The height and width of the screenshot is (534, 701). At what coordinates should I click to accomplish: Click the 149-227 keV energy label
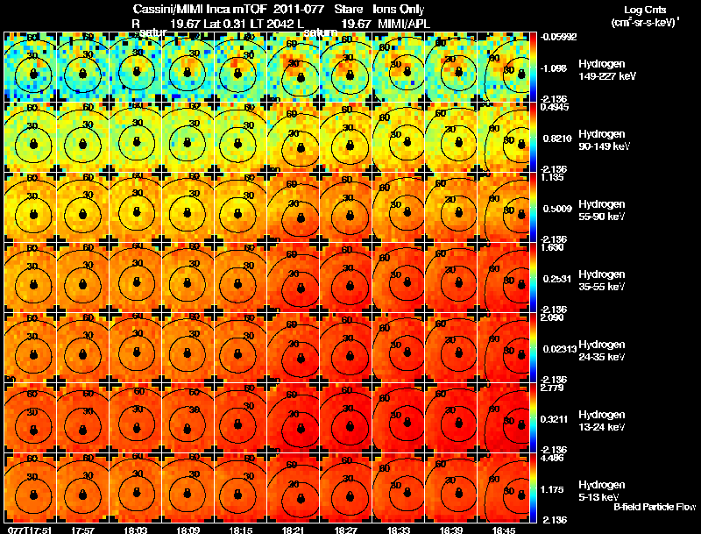point(600,76)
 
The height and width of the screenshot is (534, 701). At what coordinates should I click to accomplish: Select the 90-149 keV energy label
point(600,146)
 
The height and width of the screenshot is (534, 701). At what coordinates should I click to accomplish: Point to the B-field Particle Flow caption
point(654,507)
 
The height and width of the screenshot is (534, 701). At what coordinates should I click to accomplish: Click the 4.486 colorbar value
point(551,458)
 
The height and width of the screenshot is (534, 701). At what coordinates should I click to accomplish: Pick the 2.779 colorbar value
point(551,388)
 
